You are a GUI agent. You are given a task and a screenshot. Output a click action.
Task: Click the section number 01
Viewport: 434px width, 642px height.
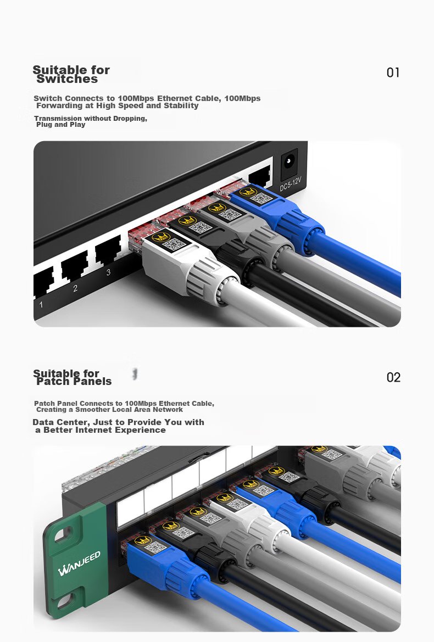(393, 72)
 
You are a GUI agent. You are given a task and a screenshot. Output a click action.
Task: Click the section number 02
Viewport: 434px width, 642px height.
(393, 377)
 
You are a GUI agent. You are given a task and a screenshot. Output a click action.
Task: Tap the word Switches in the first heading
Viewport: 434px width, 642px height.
(67, 79)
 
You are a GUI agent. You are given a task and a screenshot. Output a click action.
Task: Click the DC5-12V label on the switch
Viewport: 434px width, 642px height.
(291, 184)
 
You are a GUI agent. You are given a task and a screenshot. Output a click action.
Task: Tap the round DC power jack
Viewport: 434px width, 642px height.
(290, 161)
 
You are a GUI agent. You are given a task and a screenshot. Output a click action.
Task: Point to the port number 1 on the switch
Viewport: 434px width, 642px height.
(41, 304)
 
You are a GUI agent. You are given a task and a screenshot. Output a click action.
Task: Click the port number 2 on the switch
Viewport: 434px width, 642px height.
(75, 288)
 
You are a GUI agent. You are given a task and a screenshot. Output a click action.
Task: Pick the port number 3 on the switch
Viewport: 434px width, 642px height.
(108, 272)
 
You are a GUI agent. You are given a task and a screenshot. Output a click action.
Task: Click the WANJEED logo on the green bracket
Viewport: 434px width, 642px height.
(79, 564)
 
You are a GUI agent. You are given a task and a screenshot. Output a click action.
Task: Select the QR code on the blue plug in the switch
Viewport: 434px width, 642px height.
(260, 199)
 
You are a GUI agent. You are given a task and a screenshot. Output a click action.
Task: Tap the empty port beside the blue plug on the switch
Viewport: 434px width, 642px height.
(260, 177)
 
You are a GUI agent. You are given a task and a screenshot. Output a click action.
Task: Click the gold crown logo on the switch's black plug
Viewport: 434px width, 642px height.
(187, 221)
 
